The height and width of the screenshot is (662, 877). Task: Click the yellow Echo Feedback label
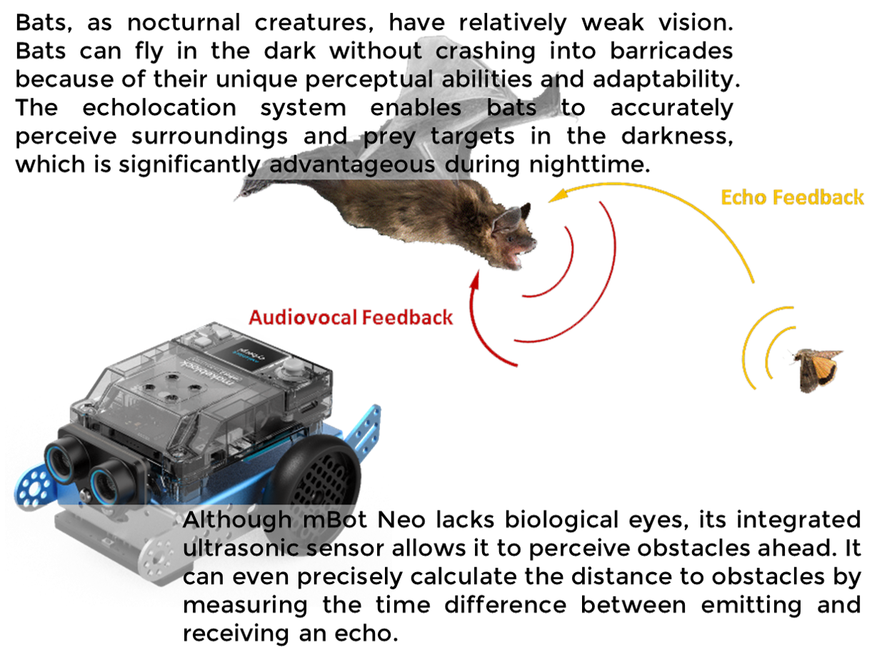click(792, 198)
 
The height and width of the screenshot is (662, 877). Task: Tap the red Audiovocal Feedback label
click(351, 318)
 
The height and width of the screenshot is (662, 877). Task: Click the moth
click(818, 368)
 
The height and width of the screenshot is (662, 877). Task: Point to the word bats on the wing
click(511, 108)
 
